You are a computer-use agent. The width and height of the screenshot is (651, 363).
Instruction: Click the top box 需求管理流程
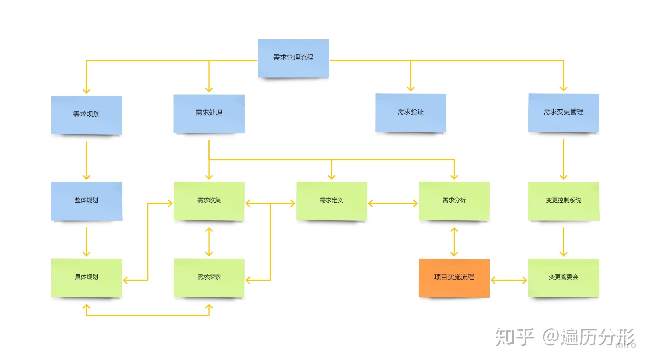tap(293, 58)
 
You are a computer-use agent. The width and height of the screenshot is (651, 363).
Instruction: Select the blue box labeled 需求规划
tap(86, 115)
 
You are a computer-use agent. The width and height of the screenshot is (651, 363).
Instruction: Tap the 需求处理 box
tap(209, 113)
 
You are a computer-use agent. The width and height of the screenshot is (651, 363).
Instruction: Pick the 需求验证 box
tap(411, 112)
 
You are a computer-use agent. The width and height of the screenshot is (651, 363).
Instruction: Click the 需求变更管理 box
tap(564, 112)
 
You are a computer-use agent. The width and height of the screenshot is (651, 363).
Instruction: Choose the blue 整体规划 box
tap(86, 201)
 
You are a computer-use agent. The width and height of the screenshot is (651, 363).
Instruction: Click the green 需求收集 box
tap(209, 201)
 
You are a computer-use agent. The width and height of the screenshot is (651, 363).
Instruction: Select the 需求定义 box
tap(331, 201)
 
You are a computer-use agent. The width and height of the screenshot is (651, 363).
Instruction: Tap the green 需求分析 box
tap(454, 201)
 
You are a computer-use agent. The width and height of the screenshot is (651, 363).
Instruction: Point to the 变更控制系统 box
tap(564, 201)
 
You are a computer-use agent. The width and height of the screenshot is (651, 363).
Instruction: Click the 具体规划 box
tap(86, 277)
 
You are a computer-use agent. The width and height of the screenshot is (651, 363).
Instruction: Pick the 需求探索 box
tap(209, 277)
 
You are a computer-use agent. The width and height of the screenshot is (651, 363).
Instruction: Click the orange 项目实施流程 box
tap(454, 277)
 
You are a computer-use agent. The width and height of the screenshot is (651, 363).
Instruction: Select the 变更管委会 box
tap(564, 277)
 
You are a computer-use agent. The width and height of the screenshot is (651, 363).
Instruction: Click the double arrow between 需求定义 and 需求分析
tap(393, 203)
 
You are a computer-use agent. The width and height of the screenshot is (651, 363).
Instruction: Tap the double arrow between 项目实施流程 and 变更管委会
tap(509, 280)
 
